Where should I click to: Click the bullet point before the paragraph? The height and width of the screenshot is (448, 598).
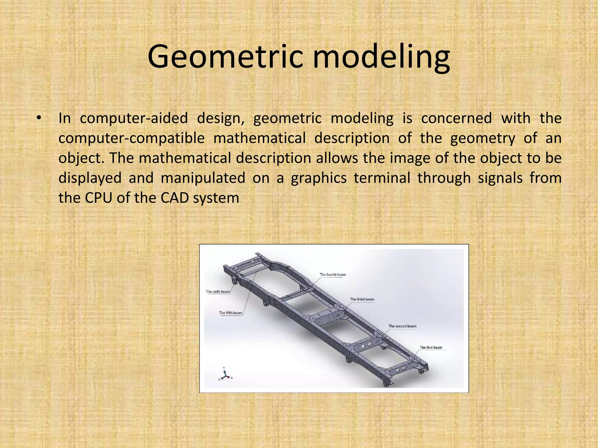38,118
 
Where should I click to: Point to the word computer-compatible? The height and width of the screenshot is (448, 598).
131,138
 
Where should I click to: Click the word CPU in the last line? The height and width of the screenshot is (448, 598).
98,198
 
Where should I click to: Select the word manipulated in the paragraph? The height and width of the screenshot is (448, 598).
203,178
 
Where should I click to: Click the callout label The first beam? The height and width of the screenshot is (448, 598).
431,347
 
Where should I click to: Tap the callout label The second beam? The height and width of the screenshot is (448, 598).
402,326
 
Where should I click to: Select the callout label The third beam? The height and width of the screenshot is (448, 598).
362,299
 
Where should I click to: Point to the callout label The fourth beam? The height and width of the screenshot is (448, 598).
333,274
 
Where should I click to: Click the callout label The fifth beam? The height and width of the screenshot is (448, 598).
231,313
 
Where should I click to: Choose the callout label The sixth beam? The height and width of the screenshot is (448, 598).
218,291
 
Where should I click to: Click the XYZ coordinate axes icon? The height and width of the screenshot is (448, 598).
225,374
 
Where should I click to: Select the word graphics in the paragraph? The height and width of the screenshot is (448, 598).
319,178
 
